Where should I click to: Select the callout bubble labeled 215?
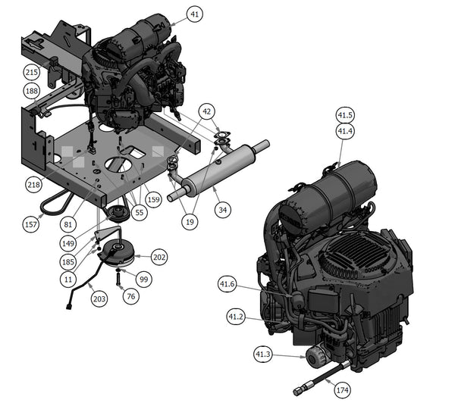pos(32,73)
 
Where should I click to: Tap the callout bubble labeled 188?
pos(32,91)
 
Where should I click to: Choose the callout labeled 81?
pos(68,223)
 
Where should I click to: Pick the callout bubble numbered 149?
pos(68,243)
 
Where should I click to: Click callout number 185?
pos(68,261)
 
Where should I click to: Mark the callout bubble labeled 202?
pos(160,257)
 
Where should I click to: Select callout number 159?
pos(154,201)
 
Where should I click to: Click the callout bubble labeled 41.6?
pos(227,284)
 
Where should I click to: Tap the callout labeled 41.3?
pos(262,354)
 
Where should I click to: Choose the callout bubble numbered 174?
pos(342,390)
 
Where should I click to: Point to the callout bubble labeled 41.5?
pos(345,116)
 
